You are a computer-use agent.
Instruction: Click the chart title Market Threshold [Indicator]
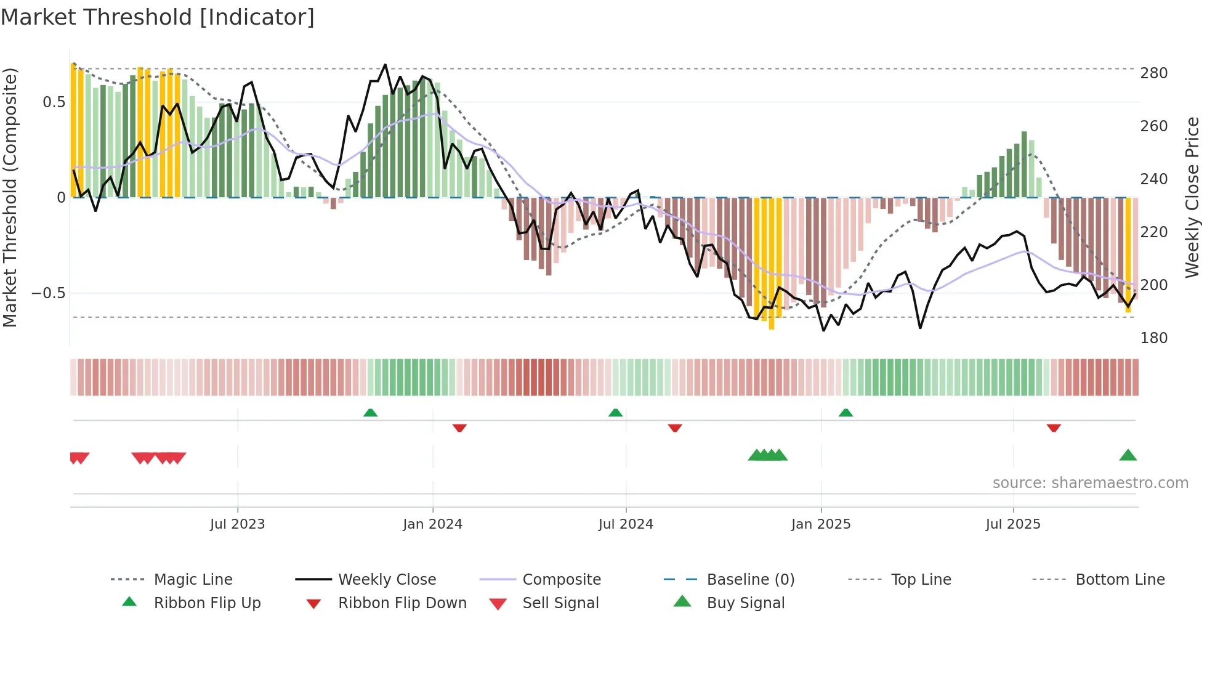[158, 17]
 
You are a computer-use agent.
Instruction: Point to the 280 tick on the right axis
[1153, 73]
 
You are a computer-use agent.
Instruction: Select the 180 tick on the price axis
[1153, 338]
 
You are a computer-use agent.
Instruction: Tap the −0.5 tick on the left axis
[48, 293]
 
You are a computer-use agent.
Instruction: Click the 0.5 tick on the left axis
[54, 102]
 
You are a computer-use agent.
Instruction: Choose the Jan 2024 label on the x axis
[432, 524]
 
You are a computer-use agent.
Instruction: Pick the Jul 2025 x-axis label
[1012, 524]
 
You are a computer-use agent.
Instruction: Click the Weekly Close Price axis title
[1192, 197]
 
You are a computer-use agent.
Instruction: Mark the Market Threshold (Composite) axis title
[10, 197]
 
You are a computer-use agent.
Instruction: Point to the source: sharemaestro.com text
[1090, 483]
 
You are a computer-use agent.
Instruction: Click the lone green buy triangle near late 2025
[1128, 455]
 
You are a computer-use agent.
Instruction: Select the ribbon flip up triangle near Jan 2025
[846, 413]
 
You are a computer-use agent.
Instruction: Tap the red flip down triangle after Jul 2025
[1054, 428]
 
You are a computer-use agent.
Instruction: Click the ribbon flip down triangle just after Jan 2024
[459, 428]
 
